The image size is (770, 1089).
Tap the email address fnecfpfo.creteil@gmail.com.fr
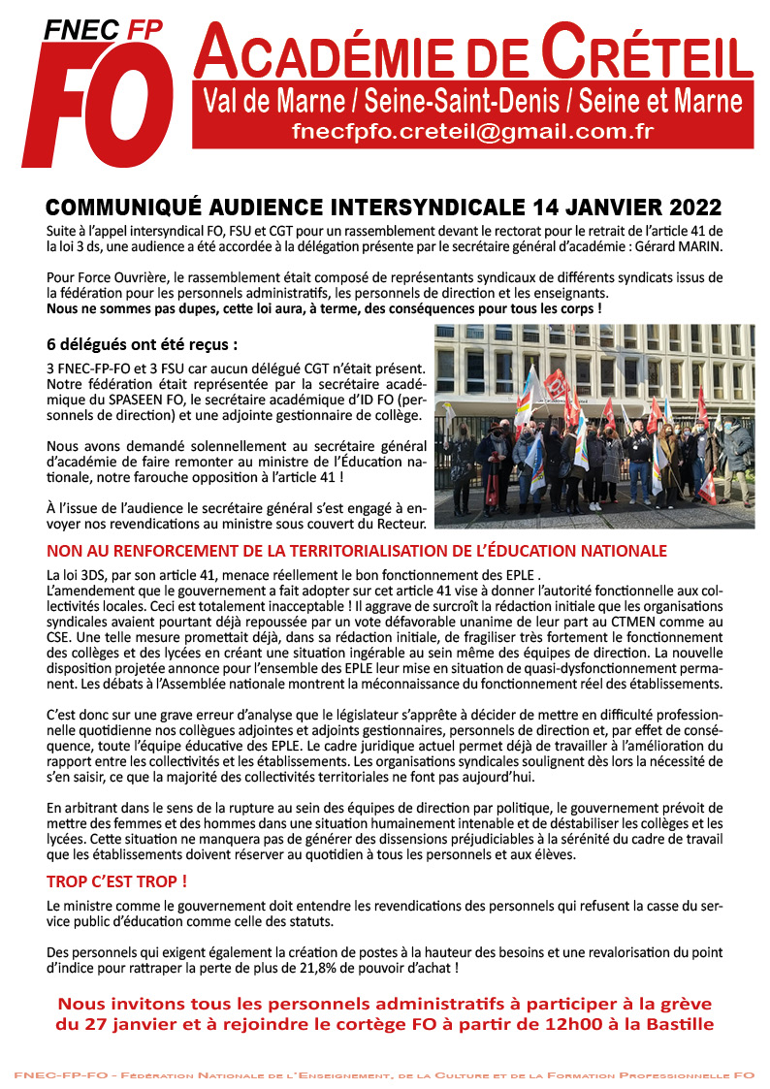point(472,132)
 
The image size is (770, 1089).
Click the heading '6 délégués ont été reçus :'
point(142,344)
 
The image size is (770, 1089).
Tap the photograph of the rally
point(594,426)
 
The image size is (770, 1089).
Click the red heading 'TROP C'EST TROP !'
point(116,882)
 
